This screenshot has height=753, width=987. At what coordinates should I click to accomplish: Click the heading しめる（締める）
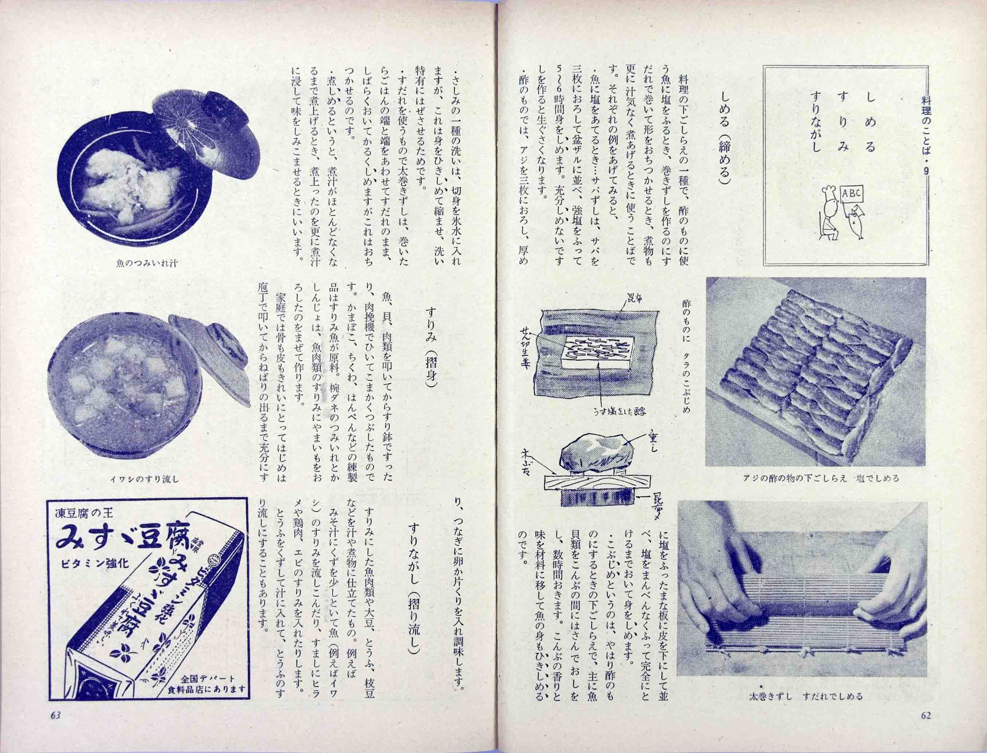point(725,135)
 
